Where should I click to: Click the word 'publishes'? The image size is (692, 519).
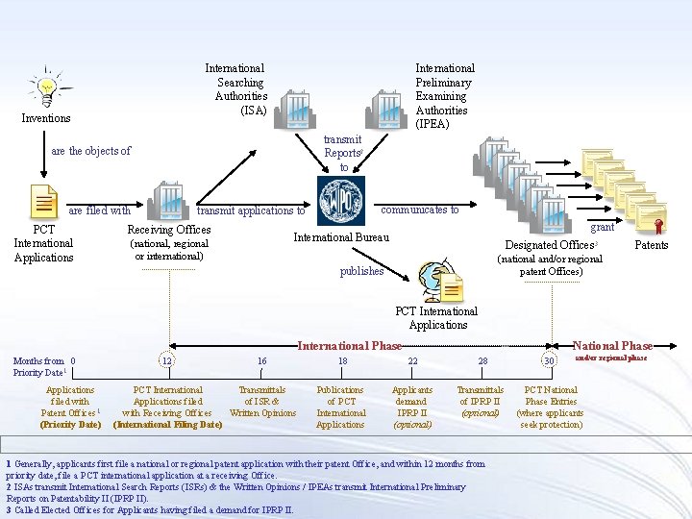[361, 271]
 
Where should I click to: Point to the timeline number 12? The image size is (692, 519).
[166, 360]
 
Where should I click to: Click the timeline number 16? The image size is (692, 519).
[261, 360]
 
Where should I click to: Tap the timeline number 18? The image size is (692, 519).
[342, 360]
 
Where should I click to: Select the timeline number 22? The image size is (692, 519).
[412, 360]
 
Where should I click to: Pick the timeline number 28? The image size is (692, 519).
[482, 360]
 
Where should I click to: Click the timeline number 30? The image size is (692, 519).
[549, 360]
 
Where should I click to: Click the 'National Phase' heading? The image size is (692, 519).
[612, 346]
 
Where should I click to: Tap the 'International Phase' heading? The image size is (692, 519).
[350, 346]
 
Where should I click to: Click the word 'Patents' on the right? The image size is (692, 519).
[652, 245]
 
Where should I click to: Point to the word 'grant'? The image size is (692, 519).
[603, 228]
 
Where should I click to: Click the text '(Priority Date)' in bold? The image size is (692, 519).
[70, 424]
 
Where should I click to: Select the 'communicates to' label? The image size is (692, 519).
[420, 210]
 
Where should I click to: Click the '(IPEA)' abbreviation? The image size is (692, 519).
[432, 124]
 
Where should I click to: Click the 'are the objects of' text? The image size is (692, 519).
[90, 151]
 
